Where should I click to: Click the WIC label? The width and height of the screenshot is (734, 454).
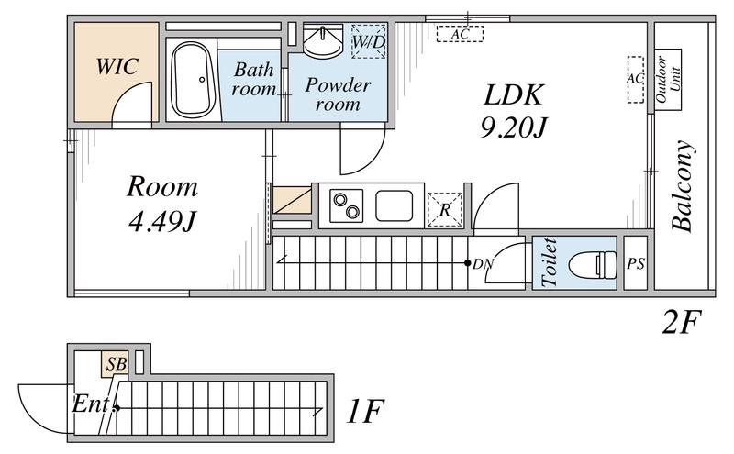coord(117,66)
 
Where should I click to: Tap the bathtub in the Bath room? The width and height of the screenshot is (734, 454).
coord(193,80)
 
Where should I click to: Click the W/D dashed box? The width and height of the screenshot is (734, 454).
coord(369,41)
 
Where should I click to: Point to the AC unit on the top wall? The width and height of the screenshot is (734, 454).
coord(460,34)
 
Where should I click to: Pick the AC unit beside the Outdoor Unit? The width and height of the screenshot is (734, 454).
coord(636,80)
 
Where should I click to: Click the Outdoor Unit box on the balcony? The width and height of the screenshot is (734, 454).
coord(668,80)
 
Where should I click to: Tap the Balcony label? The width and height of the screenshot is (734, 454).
coord(682,186)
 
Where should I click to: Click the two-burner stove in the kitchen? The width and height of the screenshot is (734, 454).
coord(347,205)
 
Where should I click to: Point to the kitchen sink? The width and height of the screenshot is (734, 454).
coord(395,205)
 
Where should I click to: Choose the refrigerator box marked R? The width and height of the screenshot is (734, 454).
coord(445,210)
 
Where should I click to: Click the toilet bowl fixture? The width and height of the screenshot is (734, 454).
coord(593,264)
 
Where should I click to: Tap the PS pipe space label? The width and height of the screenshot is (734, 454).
coord(636,264)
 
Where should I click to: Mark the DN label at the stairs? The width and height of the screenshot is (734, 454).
coord(484,264)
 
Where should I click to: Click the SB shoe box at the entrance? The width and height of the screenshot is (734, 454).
coord(116,364)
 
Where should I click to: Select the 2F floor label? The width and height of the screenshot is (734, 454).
coord(682,323)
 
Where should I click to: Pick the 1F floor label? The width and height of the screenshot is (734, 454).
coord(365,411)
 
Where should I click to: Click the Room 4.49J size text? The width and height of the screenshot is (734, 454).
coord(162,222)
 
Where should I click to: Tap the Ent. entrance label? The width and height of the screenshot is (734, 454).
coord(93,404)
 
